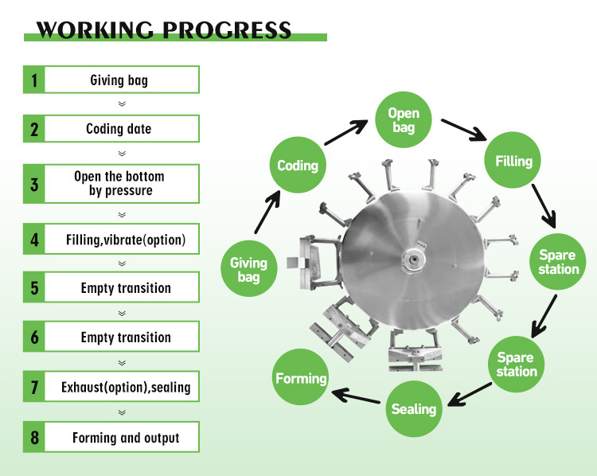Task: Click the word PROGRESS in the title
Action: (x=227, y=30)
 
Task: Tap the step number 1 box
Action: (x=34, y=80)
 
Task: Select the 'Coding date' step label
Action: (x=119, y=129)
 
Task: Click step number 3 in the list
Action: (x=34, y=184)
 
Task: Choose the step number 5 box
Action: (x=34, y=288)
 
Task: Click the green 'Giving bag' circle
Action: (x=248, y=269)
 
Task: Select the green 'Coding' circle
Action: (x=298, y=166)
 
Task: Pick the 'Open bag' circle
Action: (x=404, y=121)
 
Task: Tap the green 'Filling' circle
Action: (x=513, y=161)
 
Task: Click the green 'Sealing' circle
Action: (x=414, y=409)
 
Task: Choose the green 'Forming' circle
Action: (x=301, y=378)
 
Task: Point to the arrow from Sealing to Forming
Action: (x=357, y=395)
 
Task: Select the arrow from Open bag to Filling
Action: (x=463, y=128)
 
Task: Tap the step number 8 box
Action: (x=34, y=438)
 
